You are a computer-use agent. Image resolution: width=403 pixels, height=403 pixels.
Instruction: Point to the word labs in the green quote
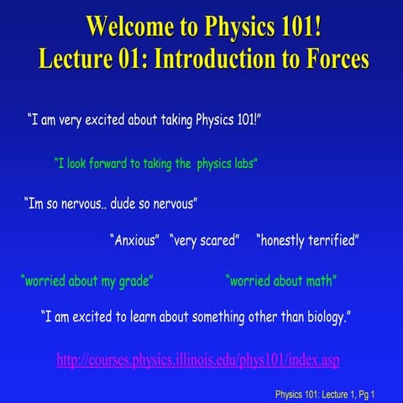243,165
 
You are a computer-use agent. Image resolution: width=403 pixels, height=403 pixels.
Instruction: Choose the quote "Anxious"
135,241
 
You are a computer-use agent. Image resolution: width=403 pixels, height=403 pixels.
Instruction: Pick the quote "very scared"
206,241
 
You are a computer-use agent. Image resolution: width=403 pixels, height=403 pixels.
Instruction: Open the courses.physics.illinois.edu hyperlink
198,359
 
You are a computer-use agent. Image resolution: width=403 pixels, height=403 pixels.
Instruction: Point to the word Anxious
135,241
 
